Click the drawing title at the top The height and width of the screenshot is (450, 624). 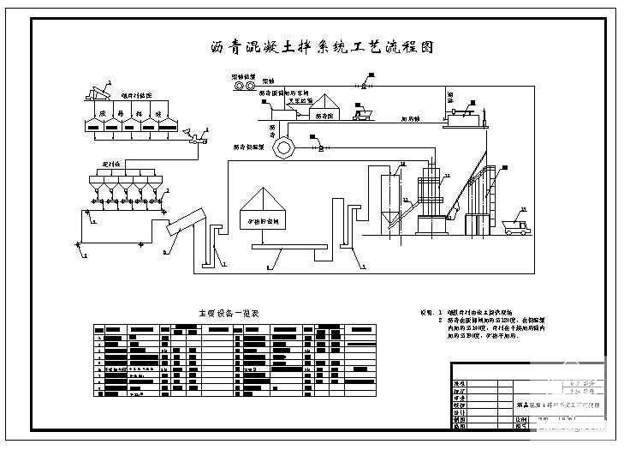point(322,48)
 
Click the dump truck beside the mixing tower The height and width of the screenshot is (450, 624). point(517,225)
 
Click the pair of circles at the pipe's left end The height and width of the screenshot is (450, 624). point(243,87)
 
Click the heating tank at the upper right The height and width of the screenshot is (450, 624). point(465,113)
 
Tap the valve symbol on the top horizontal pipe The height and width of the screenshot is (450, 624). point(364,87)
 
